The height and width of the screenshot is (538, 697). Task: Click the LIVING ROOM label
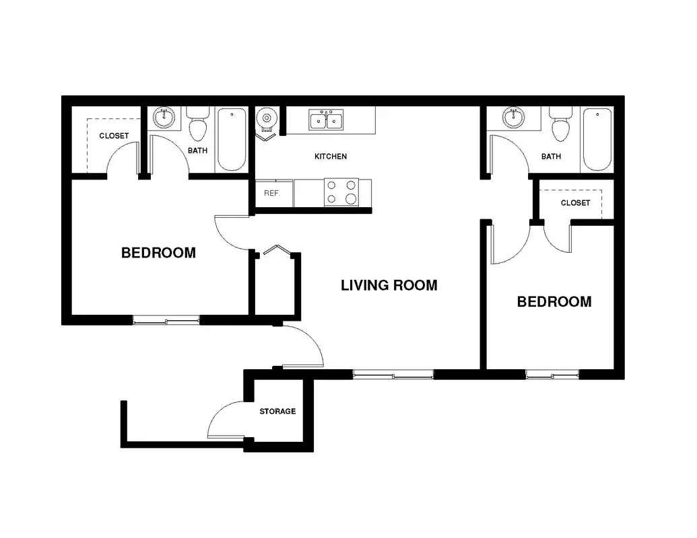(x=389, y=285)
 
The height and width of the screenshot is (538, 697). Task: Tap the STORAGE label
(x=277, y=412)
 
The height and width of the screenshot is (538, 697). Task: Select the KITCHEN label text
(x=330, y=156)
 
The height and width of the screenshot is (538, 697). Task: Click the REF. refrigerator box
(x=274, y=193)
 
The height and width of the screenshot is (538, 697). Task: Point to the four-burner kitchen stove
(x=341, y=192)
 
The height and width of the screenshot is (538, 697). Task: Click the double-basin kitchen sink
(x=326, y=120)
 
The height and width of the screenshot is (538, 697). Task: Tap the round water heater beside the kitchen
(x=267, y=118)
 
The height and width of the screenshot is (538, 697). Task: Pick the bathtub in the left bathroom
(x=232, y=139)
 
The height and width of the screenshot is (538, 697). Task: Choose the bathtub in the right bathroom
(x=597, y=139)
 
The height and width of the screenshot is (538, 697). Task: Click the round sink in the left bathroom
(x=164, y=118)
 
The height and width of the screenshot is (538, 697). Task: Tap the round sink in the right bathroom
(x=513, y=118)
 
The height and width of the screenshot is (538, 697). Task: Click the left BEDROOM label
(x=158, y=253)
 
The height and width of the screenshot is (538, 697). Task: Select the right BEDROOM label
(x=554, y=302)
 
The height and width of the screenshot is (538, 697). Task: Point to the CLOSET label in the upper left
(x=114, y=136)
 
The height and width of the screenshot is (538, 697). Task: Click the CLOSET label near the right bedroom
(x=575, y=203)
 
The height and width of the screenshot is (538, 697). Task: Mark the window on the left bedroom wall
(x=166, y=319)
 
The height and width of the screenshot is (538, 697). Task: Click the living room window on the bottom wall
(x=393, y=374)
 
